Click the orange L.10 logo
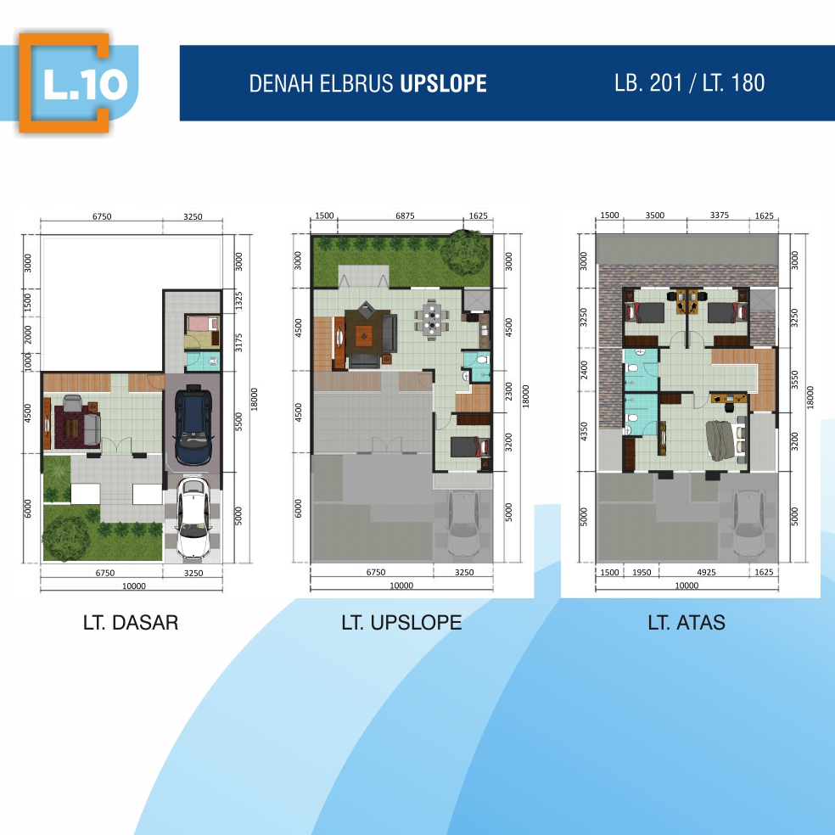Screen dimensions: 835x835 tap(64, 82)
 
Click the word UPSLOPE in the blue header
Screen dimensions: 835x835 tap(443, 84)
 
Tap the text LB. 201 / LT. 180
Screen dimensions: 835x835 tap(689, 82)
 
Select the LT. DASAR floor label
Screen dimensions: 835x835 tap(131, 622)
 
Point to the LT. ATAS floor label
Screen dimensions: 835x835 tap(686, 622)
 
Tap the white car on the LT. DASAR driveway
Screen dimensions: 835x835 tap(193, 517)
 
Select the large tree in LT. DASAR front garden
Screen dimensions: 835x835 tap(66, 538)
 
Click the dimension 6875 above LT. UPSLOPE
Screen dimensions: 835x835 tap(406, 216)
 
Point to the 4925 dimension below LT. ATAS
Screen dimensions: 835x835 tap(706, 572)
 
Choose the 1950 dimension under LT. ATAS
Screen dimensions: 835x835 tap(642, 572)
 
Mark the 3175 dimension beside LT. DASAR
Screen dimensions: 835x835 tap(239, 343)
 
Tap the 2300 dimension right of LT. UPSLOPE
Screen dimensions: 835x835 tap(508, 391)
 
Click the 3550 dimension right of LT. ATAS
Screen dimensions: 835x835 tap(795, 380)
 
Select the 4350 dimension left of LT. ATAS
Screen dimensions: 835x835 tap(584, 431)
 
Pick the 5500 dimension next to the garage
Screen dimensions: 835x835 tap(239, 422)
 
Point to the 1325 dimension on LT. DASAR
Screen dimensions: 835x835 tap(239, 301)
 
